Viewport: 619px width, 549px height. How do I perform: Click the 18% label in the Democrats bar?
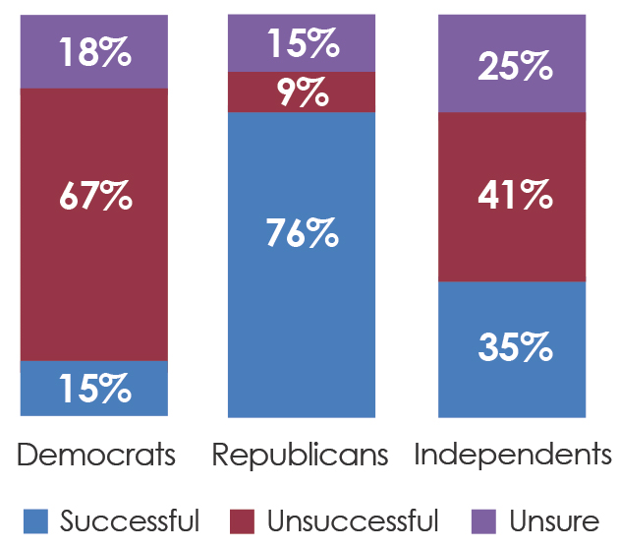pyautogui.click(x=95, y=52)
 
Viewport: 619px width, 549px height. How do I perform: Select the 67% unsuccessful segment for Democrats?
pyautogui.click(x=94, y=224)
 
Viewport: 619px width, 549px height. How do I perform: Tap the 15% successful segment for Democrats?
pyautogui.click(x=94, y=388)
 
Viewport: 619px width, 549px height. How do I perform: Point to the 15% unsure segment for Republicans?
pyautogui.click(x=302, y=43)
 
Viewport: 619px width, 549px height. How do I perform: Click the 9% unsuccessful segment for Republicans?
pyautogui.click(x=302, y=92)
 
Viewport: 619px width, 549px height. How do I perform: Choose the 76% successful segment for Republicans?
pyautogui.click(x=302, y=265)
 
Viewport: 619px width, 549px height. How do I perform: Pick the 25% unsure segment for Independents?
pyautogui.click(x=512, y=63)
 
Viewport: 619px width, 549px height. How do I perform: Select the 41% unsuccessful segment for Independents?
pyautogui.click(x=512, y=197)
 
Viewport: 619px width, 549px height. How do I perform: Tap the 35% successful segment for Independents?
pyautogui.click(x=512, y=349)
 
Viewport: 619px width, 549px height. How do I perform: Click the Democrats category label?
pyautogui.click(x=96, y=455)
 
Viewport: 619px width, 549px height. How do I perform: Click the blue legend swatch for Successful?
pyautogui.click(x=35, y=521)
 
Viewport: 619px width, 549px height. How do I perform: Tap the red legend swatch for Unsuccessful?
pyautogui.click(x=242, y=521)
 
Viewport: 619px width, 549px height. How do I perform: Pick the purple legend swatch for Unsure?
pyautogui.click(x=483, y=521)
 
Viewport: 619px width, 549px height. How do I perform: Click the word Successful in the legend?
pyautogui.click(x=130, y=520)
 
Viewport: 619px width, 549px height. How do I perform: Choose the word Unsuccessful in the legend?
pyautogui.click(x=353, y=520)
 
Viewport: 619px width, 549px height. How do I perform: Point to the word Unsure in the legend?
pyautogui.click(x=554, y=521)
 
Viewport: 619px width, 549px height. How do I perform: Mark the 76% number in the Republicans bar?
pyautogui.click(x=303, y=233)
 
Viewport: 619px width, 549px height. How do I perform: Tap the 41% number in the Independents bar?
pyautogui.click(x=515, y=194)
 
